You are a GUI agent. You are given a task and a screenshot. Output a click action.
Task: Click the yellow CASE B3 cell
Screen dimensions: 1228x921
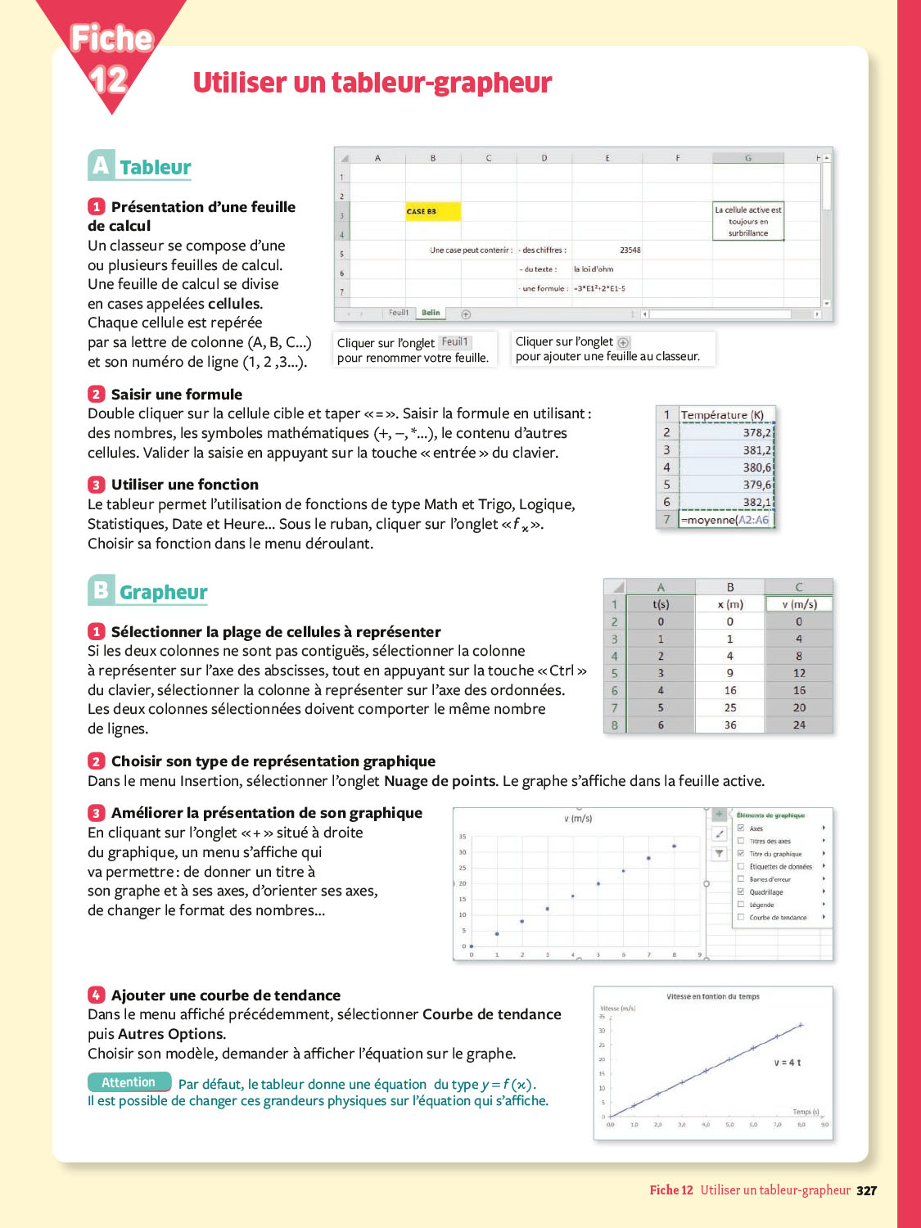[433, 211]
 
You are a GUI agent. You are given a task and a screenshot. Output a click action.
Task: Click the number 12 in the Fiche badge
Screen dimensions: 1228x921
[108, 79]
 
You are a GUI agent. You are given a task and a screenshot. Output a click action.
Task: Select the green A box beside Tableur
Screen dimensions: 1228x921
[101, 165]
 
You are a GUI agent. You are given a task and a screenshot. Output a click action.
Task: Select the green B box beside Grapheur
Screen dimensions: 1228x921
[101, 590]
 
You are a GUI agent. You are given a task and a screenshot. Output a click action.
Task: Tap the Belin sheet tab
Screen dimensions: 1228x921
[431, 313]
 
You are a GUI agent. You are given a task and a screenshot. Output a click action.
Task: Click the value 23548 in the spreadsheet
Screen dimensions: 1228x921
[630, 250]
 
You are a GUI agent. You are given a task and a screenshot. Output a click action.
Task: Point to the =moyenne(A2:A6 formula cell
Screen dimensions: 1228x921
[725, 520]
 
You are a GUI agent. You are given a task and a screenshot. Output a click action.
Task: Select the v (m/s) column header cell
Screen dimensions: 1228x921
[799, 604]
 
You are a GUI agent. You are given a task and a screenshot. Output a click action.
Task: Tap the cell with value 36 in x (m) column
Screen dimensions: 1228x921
[730, 725]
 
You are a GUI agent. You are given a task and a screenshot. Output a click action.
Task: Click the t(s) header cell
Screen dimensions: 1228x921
[661, 604]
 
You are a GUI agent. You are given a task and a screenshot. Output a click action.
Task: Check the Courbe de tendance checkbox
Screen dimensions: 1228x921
[741, 917]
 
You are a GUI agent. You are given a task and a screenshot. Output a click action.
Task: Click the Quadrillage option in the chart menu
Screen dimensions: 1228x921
[766, 892]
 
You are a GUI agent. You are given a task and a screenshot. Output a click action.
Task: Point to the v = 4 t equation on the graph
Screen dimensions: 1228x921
[788, 1063]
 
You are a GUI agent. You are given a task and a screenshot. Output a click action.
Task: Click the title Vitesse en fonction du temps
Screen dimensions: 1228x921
[713, 996]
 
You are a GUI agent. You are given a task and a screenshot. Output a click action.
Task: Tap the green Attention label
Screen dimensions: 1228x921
[129, 1082]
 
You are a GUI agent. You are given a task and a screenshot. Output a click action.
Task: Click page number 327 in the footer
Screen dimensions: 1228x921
[866, 1190]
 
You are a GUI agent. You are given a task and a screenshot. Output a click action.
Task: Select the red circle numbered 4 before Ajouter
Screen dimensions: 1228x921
[97, 995]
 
